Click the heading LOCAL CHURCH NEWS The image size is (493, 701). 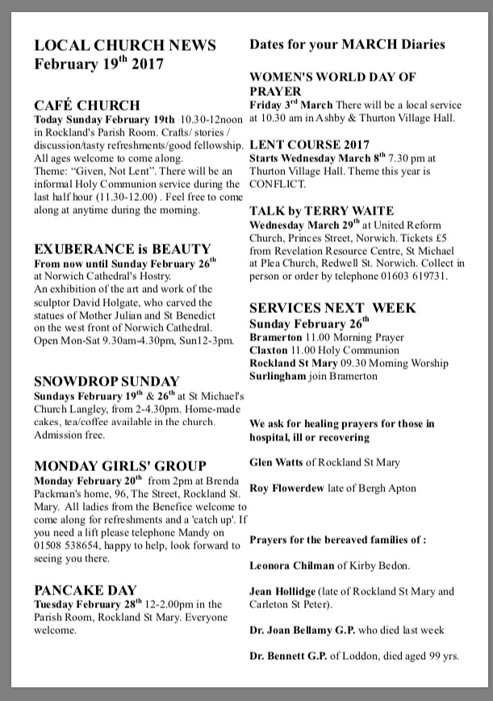(125, 45)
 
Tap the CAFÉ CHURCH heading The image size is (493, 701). (87, 106)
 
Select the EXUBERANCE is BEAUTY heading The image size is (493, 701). (123, 249)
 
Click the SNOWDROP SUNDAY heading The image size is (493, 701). (107, 381)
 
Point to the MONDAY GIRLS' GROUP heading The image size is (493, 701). (120, 466)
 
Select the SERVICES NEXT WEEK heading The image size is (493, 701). (332, 308)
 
